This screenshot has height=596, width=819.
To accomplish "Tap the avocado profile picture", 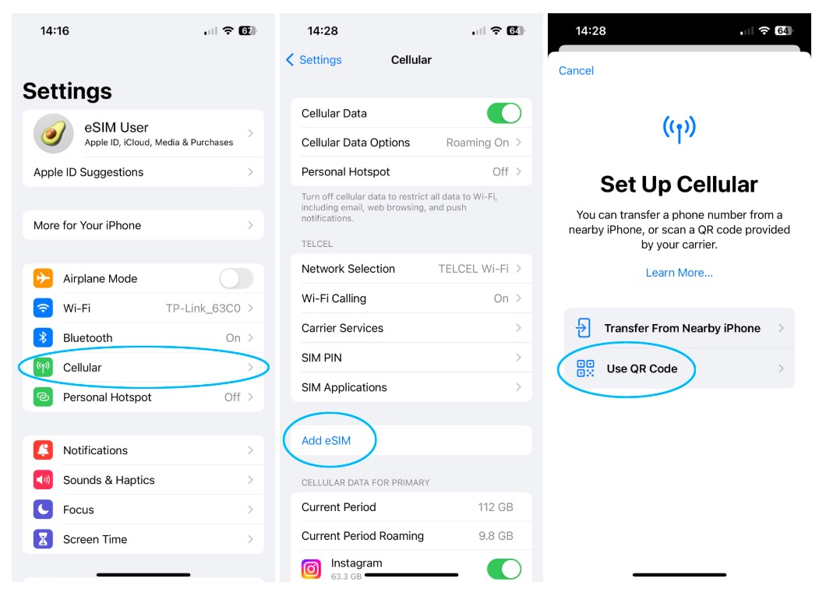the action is (x=53, y=133).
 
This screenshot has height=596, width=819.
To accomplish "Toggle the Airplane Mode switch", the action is (x=236, y=278).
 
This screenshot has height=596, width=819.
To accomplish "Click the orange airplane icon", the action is (x=44, y=278).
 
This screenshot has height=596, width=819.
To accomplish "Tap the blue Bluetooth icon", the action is (x=44, y=337).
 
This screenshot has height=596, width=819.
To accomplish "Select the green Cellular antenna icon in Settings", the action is (x=44, y=367).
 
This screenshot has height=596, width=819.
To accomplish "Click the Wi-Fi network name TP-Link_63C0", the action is (x=203, y=309).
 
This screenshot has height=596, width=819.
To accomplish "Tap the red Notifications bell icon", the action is (x=44, y=450).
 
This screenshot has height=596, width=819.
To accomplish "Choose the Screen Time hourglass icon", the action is (x=44, y=539).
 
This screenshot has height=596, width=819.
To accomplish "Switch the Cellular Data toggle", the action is (x=504, y=113).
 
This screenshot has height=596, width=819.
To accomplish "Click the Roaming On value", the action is (x=478, y=143).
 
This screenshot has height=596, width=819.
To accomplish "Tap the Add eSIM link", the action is (x=326, y=440).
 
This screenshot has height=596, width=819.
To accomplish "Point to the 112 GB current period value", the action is (x=496, y=507).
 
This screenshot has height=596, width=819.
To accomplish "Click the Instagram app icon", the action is (x=311, y=569).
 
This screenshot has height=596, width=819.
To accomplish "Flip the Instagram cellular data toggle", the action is (x=504, y=569).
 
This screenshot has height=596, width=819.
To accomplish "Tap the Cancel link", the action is (x=576, y=71).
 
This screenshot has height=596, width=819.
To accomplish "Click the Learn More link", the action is (x=679, y=273).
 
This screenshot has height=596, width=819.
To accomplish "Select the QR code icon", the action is (x=585, y=369).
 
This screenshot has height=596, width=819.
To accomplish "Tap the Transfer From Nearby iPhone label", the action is (x=682, y=328).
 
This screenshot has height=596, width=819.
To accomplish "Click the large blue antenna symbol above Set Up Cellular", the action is (x=679, y=129).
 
